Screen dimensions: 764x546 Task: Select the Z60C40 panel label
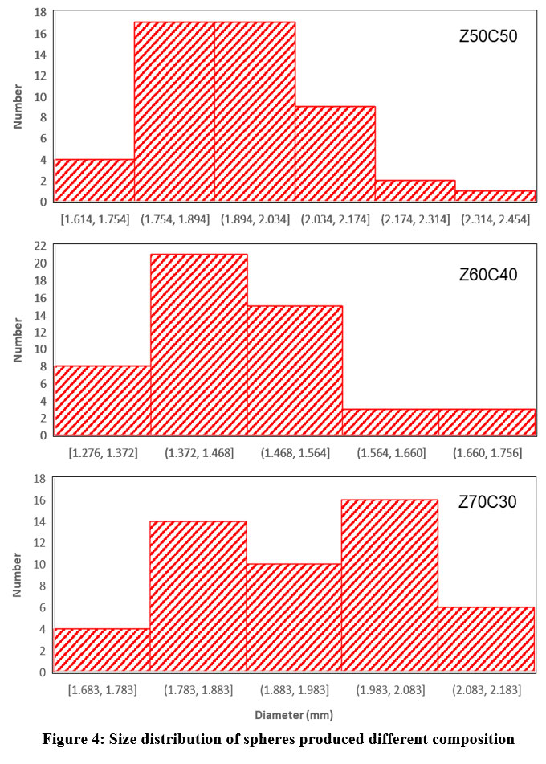(488, 275)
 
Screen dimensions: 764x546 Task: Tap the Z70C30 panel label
(488, 502)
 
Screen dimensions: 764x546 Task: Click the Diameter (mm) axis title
(295, 714)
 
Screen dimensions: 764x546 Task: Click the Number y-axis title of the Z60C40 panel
(18, 340)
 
